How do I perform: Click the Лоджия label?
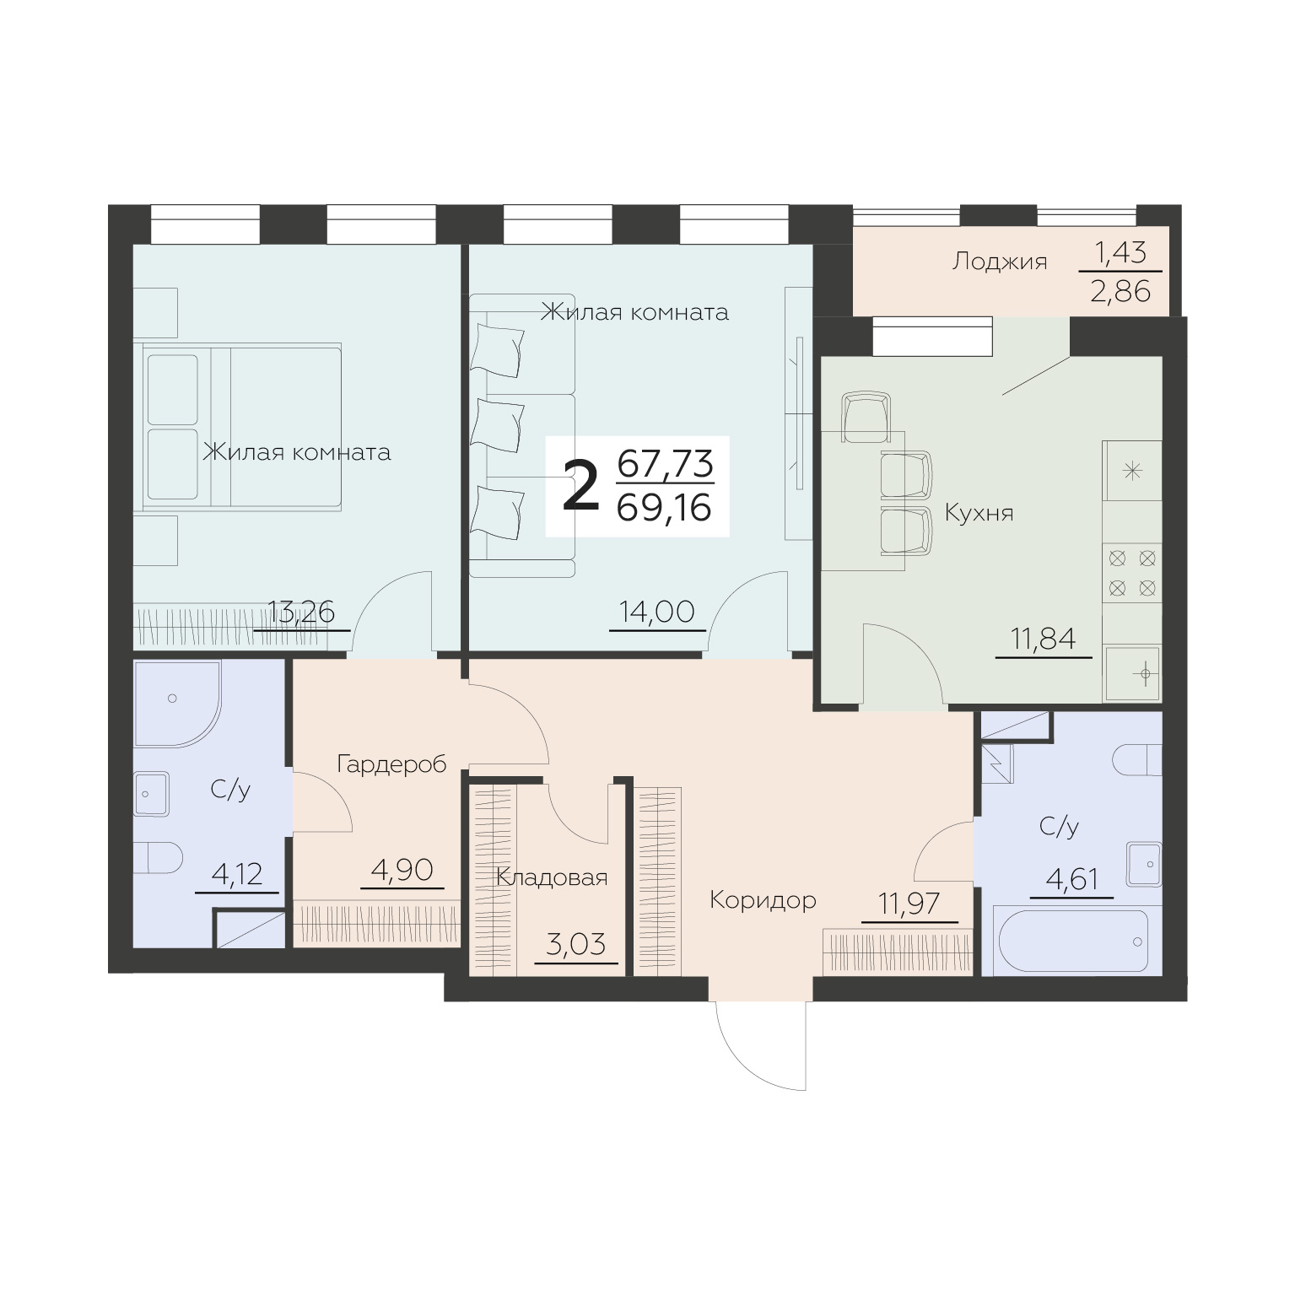pos(1000,262)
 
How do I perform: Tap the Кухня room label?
pos(979,513)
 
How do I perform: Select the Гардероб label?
pos(391,764)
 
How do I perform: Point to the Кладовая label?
pos(552,878)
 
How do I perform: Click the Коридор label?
pos(763,900)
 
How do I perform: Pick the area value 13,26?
pos(301,611)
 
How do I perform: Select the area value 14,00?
pos(656,611)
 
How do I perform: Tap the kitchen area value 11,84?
pos(1044,639)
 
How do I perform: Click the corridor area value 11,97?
pos(909,904)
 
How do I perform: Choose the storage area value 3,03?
pos(576,944)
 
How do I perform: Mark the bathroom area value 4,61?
pos(1071,879)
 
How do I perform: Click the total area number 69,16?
pos(665,508)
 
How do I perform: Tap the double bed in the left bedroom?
pos(242,427)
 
